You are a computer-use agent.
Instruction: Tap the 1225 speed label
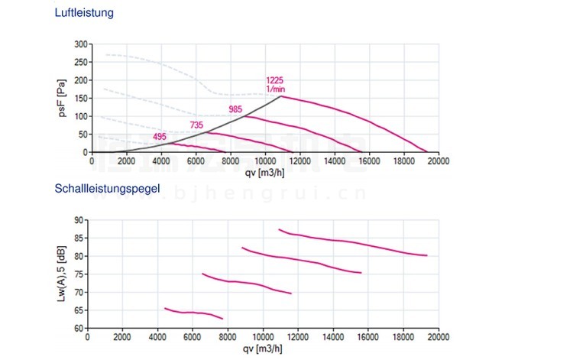(275, 80)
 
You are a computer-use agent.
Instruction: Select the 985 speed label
(235, 110)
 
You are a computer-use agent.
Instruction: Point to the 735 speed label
(196, 125)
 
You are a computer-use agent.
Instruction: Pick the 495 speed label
(160, 138)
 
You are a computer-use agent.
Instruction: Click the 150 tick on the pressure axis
(81, 99)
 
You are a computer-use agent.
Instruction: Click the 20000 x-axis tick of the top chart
(438, 161)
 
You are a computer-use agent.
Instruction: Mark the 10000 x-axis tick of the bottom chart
(263, 336)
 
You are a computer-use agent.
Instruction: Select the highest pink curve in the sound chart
(351, 242)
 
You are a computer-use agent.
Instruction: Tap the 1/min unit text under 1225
(275, 89)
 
